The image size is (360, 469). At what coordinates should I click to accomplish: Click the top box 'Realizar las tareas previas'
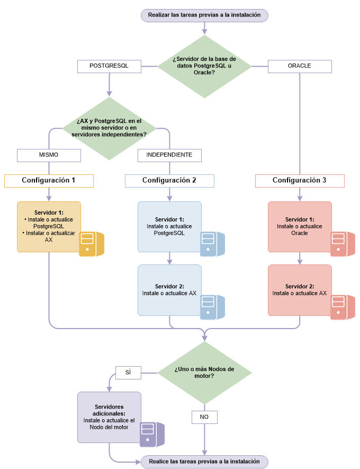tap(204, 15)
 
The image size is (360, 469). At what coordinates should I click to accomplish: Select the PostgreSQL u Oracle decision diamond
tap(204, 66)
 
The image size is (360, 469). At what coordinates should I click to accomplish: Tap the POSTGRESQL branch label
tap(109, 66)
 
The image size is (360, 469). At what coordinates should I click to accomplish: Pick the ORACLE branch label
tap(300, 66)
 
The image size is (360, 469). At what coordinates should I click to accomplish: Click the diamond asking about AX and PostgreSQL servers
tap(110, 128)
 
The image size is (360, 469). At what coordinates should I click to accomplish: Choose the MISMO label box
tap(49, 155)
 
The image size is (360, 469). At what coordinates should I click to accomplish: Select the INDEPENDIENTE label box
tap(169, 155)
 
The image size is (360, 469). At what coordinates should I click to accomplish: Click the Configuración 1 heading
tap(49, 181)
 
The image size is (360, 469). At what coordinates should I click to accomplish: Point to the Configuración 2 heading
tap(169, 181)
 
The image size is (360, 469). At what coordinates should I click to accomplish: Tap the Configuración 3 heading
tap(300, 181)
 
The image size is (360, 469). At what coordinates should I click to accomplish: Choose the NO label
tap(204, 418)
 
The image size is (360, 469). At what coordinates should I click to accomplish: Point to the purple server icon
tap(151, 434)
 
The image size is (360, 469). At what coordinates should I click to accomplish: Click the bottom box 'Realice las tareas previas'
tap(204, 461)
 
